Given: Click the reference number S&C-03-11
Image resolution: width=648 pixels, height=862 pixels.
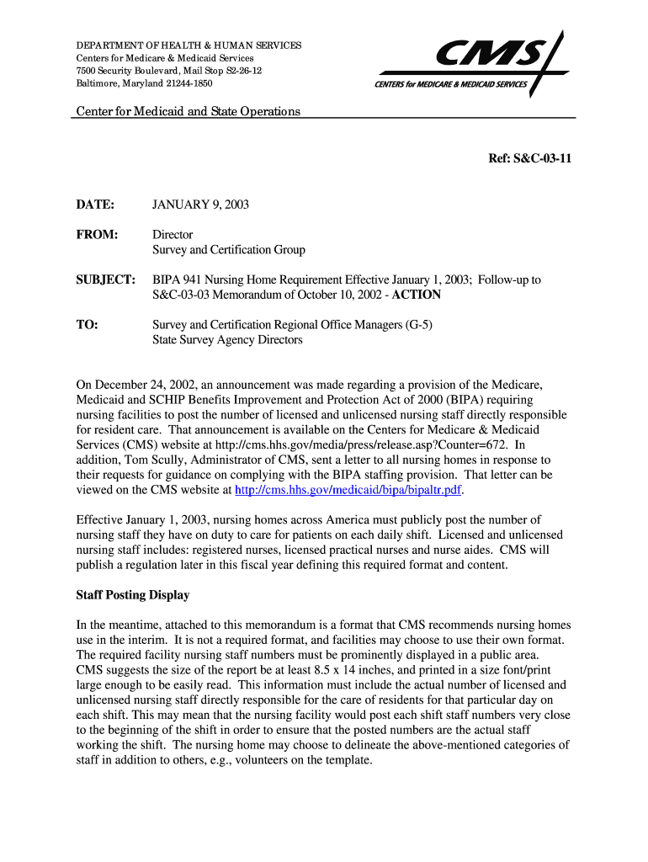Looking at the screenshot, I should [531, 157].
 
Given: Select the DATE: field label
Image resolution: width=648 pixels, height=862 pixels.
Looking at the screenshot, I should [94, 205].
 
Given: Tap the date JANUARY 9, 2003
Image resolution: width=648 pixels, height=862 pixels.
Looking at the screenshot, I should [200, 205].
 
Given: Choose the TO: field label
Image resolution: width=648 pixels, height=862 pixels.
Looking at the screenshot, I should [88, 325].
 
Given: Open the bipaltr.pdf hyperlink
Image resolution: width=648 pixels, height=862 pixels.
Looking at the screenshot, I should [348, 490].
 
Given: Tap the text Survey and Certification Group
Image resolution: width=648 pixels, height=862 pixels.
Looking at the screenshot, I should [228, 250].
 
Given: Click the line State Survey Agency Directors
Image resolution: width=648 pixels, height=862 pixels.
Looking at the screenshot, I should [227, 340].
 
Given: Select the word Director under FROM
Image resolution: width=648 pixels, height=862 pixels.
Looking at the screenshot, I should [173, 235].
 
